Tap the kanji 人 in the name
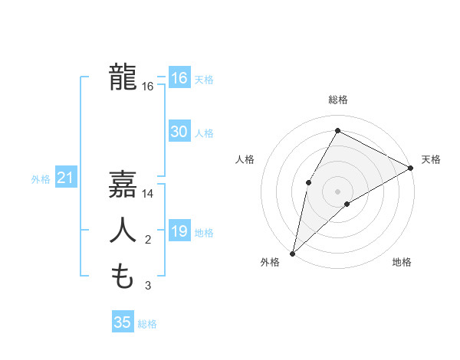123,231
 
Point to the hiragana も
123,276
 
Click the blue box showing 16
179,78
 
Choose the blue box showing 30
179,132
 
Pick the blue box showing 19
179,231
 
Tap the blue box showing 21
65,178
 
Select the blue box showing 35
123,322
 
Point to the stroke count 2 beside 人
148,241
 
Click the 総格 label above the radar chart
338,100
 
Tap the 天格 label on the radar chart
431,159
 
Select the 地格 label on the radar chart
402,262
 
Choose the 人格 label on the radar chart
245,159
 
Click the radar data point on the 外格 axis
292,254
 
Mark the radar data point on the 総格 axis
337,130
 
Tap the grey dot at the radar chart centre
337,191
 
